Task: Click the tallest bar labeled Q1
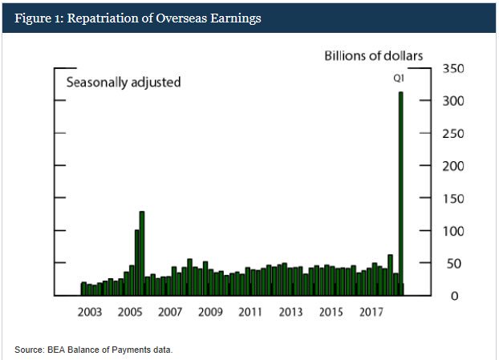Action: [x=400, y=192]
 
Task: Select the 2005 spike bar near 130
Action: [x=142, y=253]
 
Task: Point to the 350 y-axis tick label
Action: [x=452, y=69]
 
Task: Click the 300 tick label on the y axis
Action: [x=452, y=102]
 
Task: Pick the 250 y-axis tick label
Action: [x=452, y=134]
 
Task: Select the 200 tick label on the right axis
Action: [x=452, y=167]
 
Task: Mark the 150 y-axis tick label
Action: [x=452, y=199]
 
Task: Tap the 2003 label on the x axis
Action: [x=90, y=312]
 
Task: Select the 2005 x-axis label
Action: [x=130, y=312]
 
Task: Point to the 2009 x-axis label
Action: [x=210, y=312]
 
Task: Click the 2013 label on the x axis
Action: [x=290, y=312]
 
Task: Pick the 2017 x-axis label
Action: [x=371, y=312]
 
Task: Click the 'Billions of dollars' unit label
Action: [x=373, y=55]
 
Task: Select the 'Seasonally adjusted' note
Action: [x=123, y=82]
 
